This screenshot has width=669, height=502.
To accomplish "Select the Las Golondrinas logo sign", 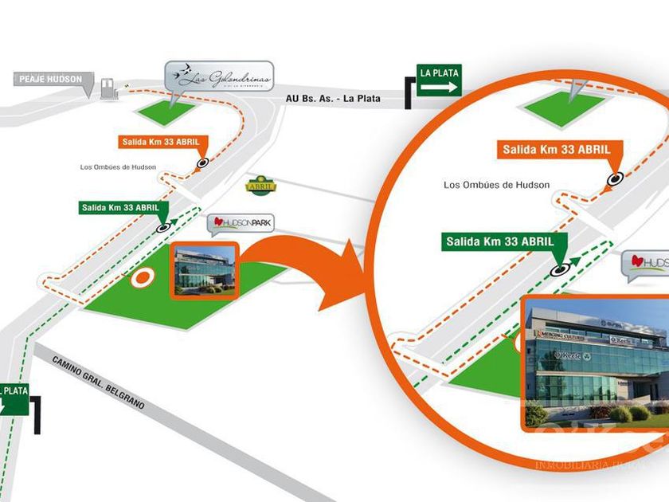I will click(x=219, y=77).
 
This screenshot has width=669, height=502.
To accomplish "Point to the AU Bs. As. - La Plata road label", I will click(x=333, y=99).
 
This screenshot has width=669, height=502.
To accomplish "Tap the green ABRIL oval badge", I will click(x=260, y=184).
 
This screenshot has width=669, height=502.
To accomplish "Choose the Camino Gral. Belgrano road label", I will click(x=100, y=382).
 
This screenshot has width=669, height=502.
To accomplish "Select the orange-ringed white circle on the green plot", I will click(x=143, y=278).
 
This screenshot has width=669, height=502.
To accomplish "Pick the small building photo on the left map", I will click(x=205, y=270).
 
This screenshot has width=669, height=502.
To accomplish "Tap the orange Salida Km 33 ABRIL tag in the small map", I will click(x=164, y=143).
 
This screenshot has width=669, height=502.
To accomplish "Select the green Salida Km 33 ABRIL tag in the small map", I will click(x=123, y=208).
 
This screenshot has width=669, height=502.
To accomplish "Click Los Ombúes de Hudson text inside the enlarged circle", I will click(x=496, y=185).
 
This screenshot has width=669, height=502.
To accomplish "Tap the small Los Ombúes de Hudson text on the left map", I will click(x=118, y=167).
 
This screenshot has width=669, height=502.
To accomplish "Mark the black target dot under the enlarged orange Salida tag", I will click(x=614, y=179).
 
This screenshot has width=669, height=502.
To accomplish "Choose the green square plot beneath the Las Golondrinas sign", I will click(x=168, y=112).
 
